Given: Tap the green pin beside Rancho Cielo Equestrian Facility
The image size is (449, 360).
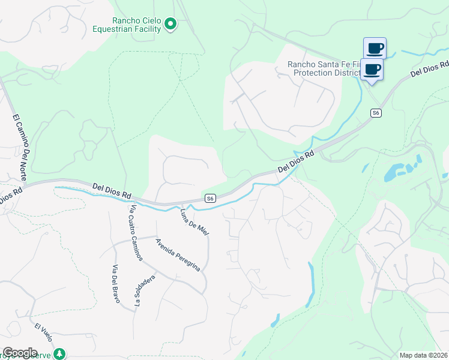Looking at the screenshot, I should pos(170,24).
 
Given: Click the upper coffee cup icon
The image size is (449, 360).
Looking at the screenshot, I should pos(375,47).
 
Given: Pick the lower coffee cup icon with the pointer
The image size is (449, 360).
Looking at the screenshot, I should pos(372,68).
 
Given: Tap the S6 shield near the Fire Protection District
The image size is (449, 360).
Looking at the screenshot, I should pos(376,113).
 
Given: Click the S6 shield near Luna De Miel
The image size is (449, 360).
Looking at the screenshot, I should pos(209,199).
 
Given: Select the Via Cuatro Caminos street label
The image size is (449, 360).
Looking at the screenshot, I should pos(135,233).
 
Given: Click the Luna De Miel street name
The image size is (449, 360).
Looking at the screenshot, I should pos(194,221).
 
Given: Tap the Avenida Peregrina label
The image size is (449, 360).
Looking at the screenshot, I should pos(178,255).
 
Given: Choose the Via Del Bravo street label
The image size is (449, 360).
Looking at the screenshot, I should pos(116,283).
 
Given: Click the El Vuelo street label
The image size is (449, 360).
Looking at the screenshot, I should pos(44,334).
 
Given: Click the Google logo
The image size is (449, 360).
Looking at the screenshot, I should pos(20,353).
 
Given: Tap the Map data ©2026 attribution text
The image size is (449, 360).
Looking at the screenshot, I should pos(423,355).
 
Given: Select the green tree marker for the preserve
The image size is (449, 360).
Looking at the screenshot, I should pos(59,353).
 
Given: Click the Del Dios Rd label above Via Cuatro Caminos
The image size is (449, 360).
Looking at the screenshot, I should pos(112,191).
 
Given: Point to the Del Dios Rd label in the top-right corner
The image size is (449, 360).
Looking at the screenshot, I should pos(430,68).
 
